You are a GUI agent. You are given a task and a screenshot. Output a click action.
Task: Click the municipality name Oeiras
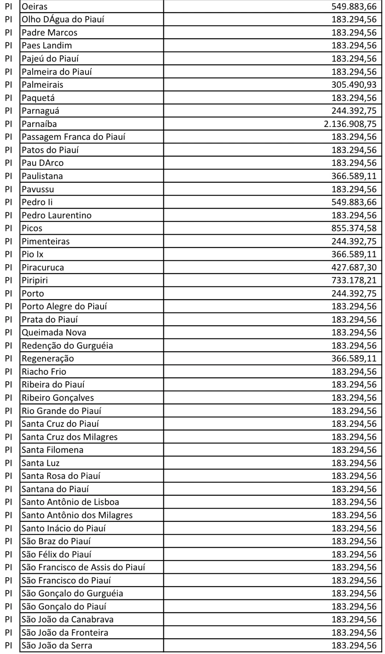coord(35,6)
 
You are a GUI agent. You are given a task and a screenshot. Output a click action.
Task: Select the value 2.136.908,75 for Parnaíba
coord(350,124)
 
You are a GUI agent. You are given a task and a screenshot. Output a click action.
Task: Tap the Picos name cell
coord(32,228)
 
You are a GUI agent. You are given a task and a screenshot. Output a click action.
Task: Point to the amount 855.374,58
coord(354,228)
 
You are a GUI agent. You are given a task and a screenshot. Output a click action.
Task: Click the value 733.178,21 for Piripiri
coord(354,280)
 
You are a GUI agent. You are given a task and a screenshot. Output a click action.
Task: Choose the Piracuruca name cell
coord(43,268)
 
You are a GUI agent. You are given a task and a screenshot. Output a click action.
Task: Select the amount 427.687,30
coord(354,268)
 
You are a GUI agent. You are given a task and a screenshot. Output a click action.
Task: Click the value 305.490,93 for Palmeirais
coord(354,85)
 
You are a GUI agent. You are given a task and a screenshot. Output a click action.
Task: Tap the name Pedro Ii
coord(37,202)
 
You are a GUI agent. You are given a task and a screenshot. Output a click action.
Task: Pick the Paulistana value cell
coord(354,176)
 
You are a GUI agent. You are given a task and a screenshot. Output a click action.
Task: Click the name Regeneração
coord(48,359)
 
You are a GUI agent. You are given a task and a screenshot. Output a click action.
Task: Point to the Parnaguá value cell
coord(354,111)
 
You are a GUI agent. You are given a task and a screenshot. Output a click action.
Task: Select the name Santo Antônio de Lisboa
coord(70,502)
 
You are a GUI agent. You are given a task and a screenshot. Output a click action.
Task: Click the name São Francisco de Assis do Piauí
coord(83,567)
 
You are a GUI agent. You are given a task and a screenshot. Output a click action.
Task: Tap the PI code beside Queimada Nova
coord(9,333)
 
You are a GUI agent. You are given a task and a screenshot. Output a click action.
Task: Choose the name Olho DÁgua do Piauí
coord(63,19)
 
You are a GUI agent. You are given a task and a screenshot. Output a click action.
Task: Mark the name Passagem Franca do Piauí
coord(73,137)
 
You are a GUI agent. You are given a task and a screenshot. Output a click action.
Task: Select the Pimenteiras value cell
coord(354,241)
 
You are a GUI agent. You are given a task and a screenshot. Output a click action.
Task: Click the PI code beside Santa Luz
coord(9,463)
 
